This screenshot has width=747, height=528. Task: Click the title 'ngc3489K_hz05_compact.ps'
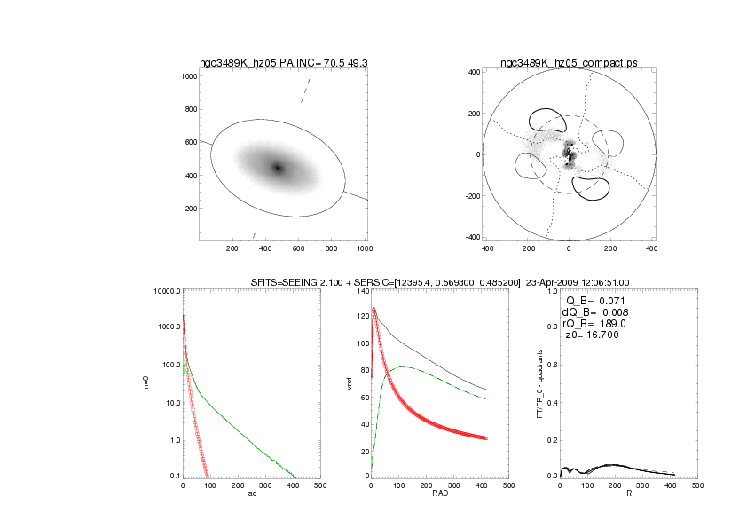pyautogui.click(x=569, y=63)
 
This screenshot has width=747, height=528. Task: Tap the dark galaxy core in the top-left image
pyautogui.click(x=278, y=168)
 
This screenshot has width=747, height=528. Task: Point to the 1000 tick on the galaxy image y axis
pyautogui.click(x=188, y=76)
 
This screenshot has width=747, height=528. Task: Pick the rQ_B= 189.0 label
pyautogui.click(x=597, y=325)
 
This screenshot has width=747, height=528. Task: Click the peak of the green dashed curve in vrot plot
pyautogui.click(x=404, y=366)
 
